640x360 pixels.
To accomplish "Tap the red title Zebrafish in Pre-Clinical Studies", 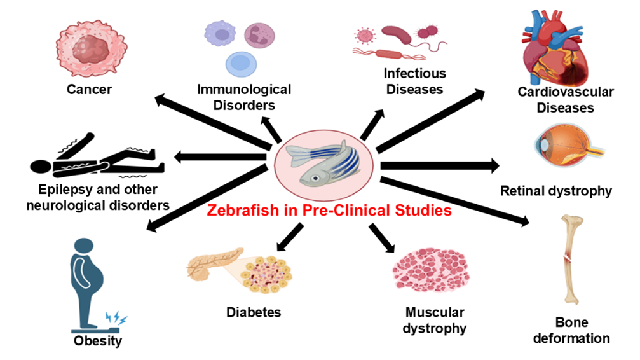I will tap(328, 211).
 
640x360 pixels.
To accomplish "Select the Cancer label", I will tap(89, 89).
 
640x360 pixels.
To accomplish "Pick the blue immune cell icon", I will tap(240, 63).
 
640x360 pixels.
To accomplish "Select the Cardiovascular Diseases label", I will tap(566, 100).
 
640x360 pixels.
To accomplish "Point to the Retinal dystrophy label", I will tap(556, 191).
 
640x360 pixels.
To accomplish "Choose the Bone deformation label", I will tap(571, 331).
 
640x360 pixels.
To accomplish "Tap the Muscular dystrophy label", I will tap(435, 321).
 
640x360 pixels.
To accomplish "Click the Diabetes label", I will tap(254, 312).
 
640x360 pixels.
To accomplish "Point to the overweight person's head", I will tap(85, 249).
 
